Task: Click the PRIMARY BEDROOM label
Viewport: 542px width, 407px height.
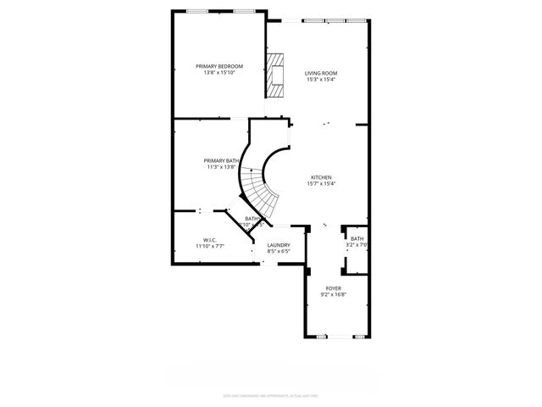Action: pos(219,66)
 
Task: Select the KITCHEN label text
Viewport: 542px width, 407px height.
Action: pos(320,177)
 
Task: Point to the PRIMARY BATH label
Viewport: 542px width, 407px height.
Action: pos(220,160)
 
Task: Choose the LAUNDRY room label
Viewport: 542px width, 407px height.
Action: pos(279,245)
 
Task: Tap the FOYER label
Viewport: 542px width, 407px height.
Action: pos(333,287)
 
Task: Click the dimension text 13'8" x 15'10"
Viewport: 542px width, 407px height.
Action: pos(219,73)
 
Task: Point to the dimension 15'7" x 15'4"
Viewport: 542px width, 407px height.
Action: pos(320,184)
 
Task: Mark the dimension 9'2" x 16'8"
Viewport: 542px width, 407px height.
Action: pos(333,294)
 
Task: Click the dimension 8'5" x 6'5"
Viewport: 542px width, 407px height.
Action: pos(279,252)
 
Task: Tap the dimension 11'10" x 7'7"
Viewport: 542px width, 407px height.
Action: pos(209,246)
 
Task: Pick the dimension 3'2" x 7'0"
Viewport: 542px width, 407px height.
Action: pos(357,246)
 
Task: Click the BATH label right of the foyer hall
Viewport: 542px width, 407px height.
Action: pos(357,239)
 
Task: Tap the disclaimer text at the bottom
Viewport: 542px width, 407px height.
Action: pos(270,394)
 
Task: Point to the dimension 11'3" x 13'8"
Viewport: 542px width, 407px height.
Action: pos(220,167)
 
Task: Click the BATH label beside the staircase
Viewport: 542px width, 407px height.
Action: pos(252,219)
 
